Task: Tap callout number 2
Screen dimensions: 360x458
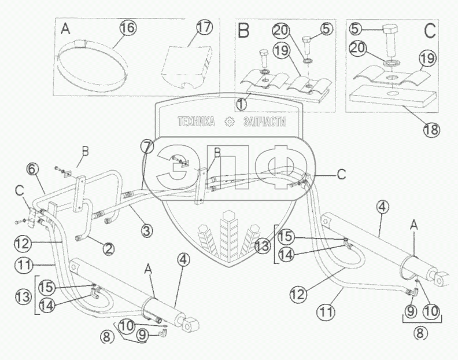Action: coord(108,249)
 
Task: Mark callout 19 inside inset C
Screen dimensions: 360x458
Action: coord(427,58)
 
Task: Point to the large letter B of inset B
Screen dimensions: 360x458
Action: coord(244,31)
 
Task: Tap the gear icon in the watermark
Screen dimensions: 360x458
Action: coord(230,122)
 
